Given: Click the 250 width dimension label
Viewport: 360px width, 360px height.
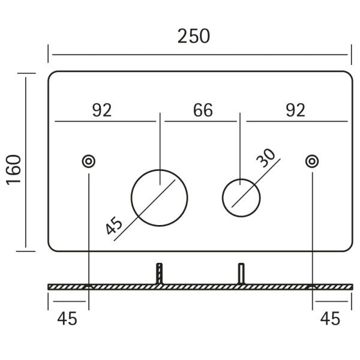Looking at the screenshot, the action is pos(194,36).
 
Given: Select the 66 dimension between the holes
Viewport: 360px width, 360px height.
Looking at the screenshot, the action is pos(203,110).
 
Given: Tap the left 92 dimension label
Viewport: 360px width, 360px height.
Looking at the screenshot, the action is pos(102,110).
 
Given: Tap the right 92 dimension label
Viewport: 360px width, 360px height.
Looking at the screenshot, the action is pos(295,110).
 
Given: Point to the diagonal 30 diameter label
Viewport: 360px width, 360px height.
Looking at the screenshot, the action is pos(266,158).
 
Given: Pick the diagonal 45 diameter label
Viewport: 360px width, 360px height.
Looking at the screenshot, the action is pos(113,226).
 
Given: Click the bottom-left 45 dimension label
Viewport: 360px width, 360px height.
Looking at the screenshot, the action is pos(67,319).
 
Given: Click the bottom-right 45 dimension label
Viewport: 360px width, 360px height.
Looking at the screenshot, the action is pos(330,319).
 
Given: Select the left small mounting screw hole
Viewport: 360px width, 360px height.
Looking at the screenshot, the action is pos(89,161).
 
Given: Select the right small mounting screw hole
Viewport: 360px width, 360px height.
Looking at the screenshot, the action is pos(312,161).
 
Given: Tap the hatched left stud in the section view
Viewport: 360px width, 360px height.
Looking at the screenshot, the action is pos(160,274).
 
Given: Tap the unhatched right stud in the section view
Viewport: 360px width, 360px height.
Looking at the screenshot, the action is pos(241,274).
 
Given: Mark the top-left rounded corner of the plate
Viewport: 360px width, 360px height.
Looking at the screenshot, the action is pos(51,74).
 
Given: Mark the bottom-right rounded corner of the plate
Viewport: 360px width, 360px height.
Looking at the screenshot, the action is pos(350,249).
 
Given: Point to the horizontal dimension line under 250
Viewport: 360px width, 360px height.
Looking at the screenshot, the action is pos(200,55).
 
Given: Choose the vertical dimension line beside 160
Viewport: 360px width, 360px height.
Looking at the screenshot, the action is pos(25,163).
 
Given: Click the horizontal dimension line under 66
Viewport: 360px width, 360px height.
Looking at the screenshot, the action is pos(200,121).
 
